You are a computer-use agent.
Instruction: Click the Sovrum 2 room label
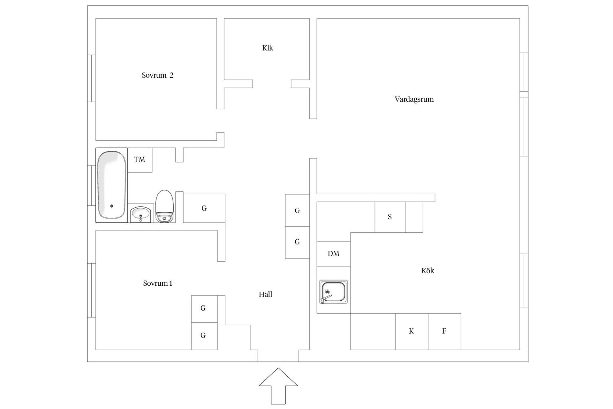(x=157, y=75)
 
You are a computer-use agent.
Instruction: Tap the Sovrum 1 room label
(x=157, y=283)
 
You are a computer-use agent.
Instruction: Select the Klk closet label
(x=268, y=48)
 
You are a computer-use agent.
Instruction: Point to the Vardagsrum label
(x=414, y=99)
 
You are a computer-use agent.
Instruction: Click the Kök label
(x=428, y=271)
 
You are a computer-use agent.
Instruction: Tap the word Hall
(x=265, y=295)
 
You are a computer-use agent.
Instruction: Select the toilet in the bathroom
(x=164, y=206)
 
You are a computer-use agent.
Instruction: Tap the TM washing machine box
(x=140, y=160)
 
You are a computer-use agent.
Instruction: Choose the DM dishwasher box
(x=333, y=254)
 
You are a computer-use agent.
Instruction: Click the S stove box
(x=390, y=217)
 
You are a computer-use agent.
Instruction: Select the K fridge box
(x=412, y=331)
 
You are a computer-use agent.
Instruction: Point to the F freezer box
(x=444, y=331)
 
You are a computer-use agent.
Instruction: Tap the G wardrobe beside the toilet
(x=204, y=208)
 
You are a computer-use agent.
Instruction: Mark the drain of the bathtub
(x=111, y=206)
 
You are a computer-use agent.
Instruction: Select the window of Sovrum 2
(x=92, y=78)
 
